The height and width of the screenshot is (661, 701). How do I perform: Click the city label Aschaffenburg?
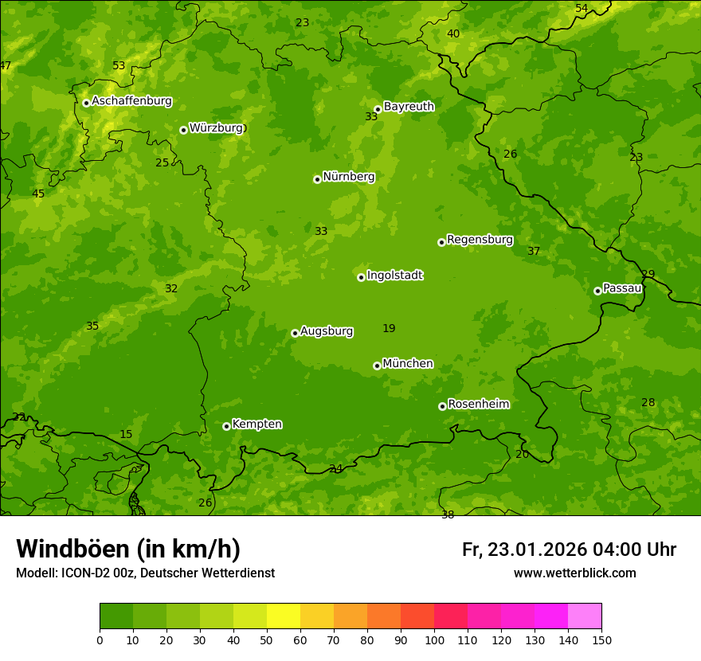(x=131, y=101)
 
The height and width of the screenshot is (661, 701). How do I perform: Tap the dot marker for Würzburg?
(x=183, y=130)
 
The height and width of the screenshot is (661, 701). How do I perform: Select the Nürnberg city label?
(x=348, y=177)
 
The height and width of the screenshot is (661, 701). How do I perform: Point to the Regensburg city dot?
(x=441, y=242)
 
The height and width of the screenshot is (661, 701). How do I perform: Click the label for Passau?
(x=622, y=288)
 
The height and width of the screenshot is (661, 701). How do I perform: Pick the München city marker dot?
(x=377, y=366)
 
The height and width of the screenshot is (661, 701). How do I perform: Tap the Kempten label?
(x=257, y=424)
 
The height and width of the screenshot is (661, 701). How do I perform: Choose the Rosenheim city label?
(x=478, y=404)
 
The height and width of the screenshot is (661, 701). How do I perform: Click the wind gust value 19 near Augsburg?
(x=389, y=328)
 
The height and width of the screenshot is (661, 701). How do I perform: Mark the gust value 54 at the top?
(x=582, y=8)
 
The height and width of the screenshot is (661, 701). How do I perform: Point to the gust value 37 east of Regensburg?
(x=534, y=251)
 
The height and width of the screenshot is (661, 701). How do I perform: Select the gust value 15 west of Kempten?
(x=126, y=434)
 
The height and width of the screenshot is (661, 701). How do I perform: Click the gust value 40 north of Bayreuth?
(x=453, y=33)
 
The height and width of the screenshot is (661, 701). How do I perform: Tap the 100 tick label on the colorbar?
(x=434, y=639)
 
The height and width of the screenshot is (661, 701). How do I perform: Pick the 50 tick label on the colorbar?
(x=267, y=639)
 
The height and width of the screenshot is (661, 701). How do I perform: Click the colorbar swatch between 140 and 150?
(x=585, y=616)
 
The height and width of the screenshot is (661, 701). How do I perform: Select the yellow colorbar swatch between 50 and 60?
(x=284, y=616)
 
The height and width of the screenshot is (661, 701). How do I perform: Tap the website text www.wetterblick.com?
(x=574, y=573)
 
